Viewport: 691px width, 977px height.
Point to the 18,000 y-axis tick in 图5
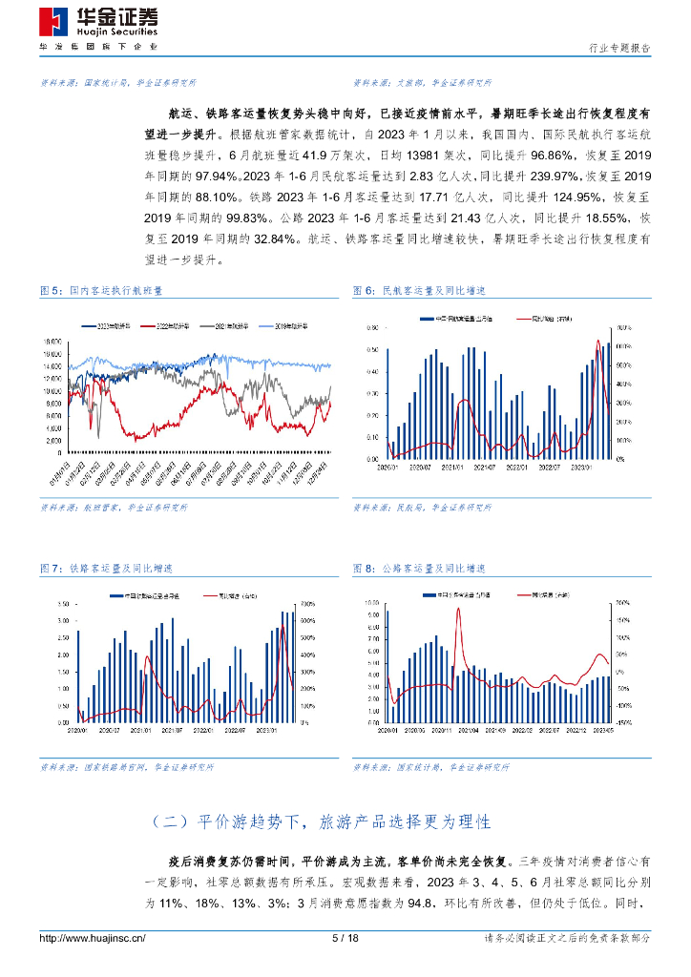(x=52, y=341)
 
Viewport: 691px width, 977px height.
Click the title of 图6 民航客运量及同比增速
(x=419, y=290)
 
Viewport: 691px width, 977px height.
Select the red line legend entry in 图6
(x=540, y=319)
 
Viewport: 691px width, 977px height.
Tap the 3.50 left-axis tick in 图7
(x=64, y=605)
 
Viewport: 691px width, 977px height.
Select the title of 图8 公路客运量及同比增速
(x=419, y=569)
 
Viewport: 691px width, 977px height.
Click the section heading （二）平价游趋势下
(x=321, y=821)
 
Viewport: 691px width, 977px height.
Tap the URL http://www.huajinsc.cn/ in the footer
(x=93, y=939)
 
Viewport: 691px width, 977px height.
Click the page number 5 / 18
(x=345, y=939)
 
